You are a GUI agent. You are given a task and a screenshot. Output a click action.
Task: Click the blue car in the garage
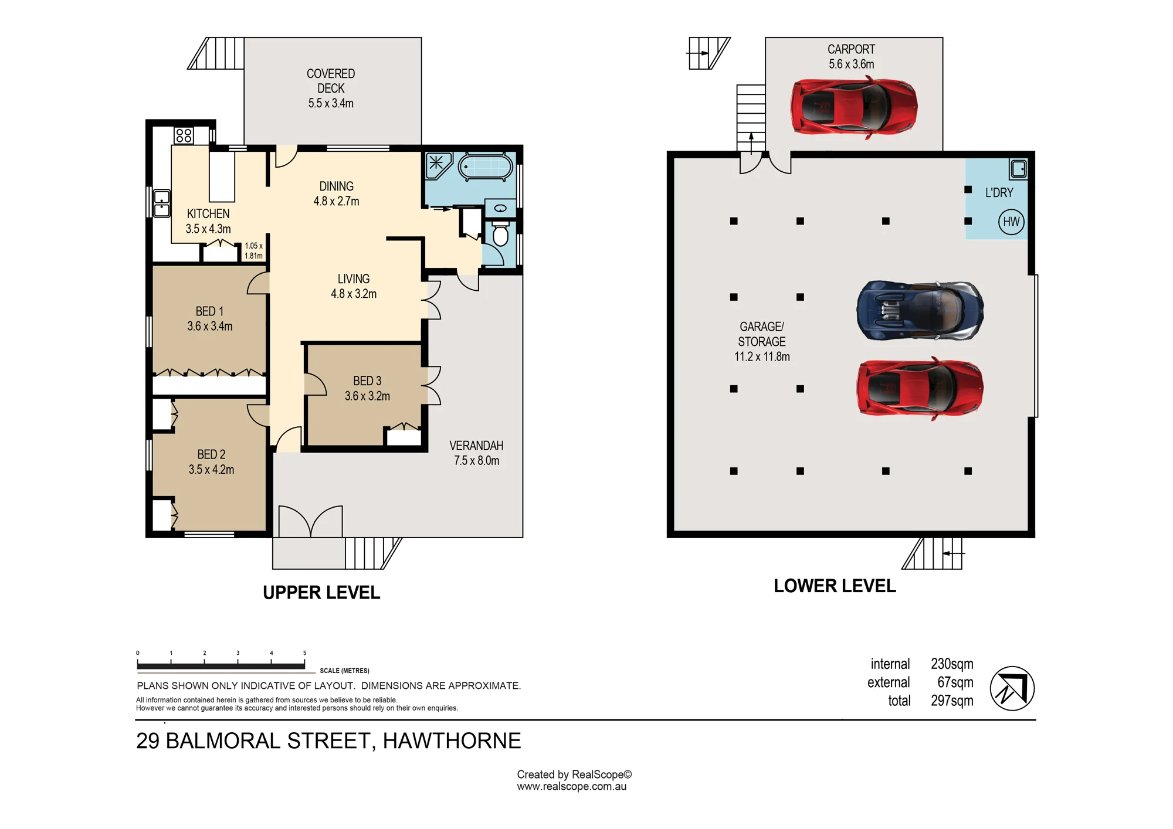coord(920,311)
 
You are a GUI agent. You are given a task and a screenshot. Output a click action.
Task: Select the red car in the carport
coord(854,107)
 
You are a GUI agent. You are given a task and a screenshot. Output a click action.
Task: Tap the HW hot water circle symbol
coord(1011,222)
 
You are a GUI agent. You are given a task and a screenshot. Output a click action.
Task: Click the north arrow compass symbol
coord(1012,688)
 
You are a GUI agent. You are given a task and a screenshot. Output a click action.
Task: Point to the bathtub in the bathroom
coord(485,167)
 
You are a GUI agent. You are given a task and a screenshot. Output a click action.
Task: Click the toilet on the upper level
coord(500,233)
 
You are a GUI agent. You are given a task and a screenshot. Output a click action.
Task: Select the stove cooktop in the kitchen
coord(184,135)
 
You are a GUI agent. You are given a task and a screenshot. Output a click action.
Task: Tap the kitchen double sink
coord(162,203)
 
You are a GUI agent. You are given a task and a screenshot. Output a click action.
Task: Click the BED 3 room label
coord(367,381)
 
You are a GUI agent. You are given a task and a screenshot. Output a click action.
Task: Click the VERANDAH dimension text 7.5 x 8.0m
coord(477,461)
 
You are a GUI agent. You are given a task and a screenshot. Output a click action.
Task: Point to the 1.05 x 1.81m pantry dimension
coord(254,251)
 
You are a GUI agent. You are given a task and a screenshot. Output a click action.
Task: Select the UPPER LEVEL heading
coord(321,593)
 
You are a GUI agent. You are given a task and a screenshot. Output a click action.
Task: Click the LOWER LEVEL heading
coord(835,586)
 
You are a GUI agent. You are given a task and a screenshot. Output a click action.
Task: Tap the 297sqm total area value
coord(952,701)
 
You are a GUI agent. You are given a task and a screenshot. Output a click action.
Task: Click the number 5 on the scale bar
coord(304,653)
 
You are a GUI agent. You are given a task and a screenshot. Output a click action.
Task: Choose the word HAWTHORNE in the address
coord(452,741)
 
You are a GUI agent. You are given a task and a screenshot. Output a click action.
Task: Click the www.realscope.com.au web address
coord(572,787)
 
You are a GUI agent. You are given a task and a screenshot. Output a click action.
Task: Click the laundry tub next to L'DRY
coord(1018,169)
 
